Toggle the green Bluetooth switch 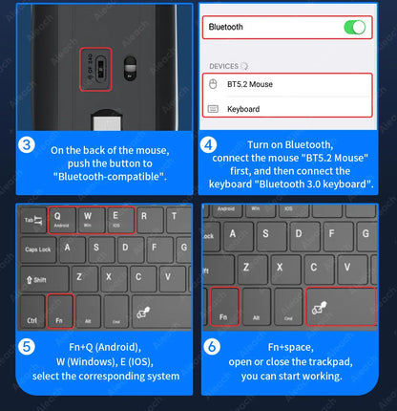(x=354, y=27)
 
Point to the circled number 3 (x=29, y=146)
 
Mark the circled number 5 (x=29, y=347)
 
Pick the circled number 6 (x=212, y=347)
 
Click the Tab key (x=33, y=220)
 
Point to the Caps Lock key (x=38, y=249)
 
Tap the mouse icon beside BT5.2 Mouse (x=214, y=84)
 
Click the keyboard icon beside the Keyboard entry (x=214, y=109)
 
